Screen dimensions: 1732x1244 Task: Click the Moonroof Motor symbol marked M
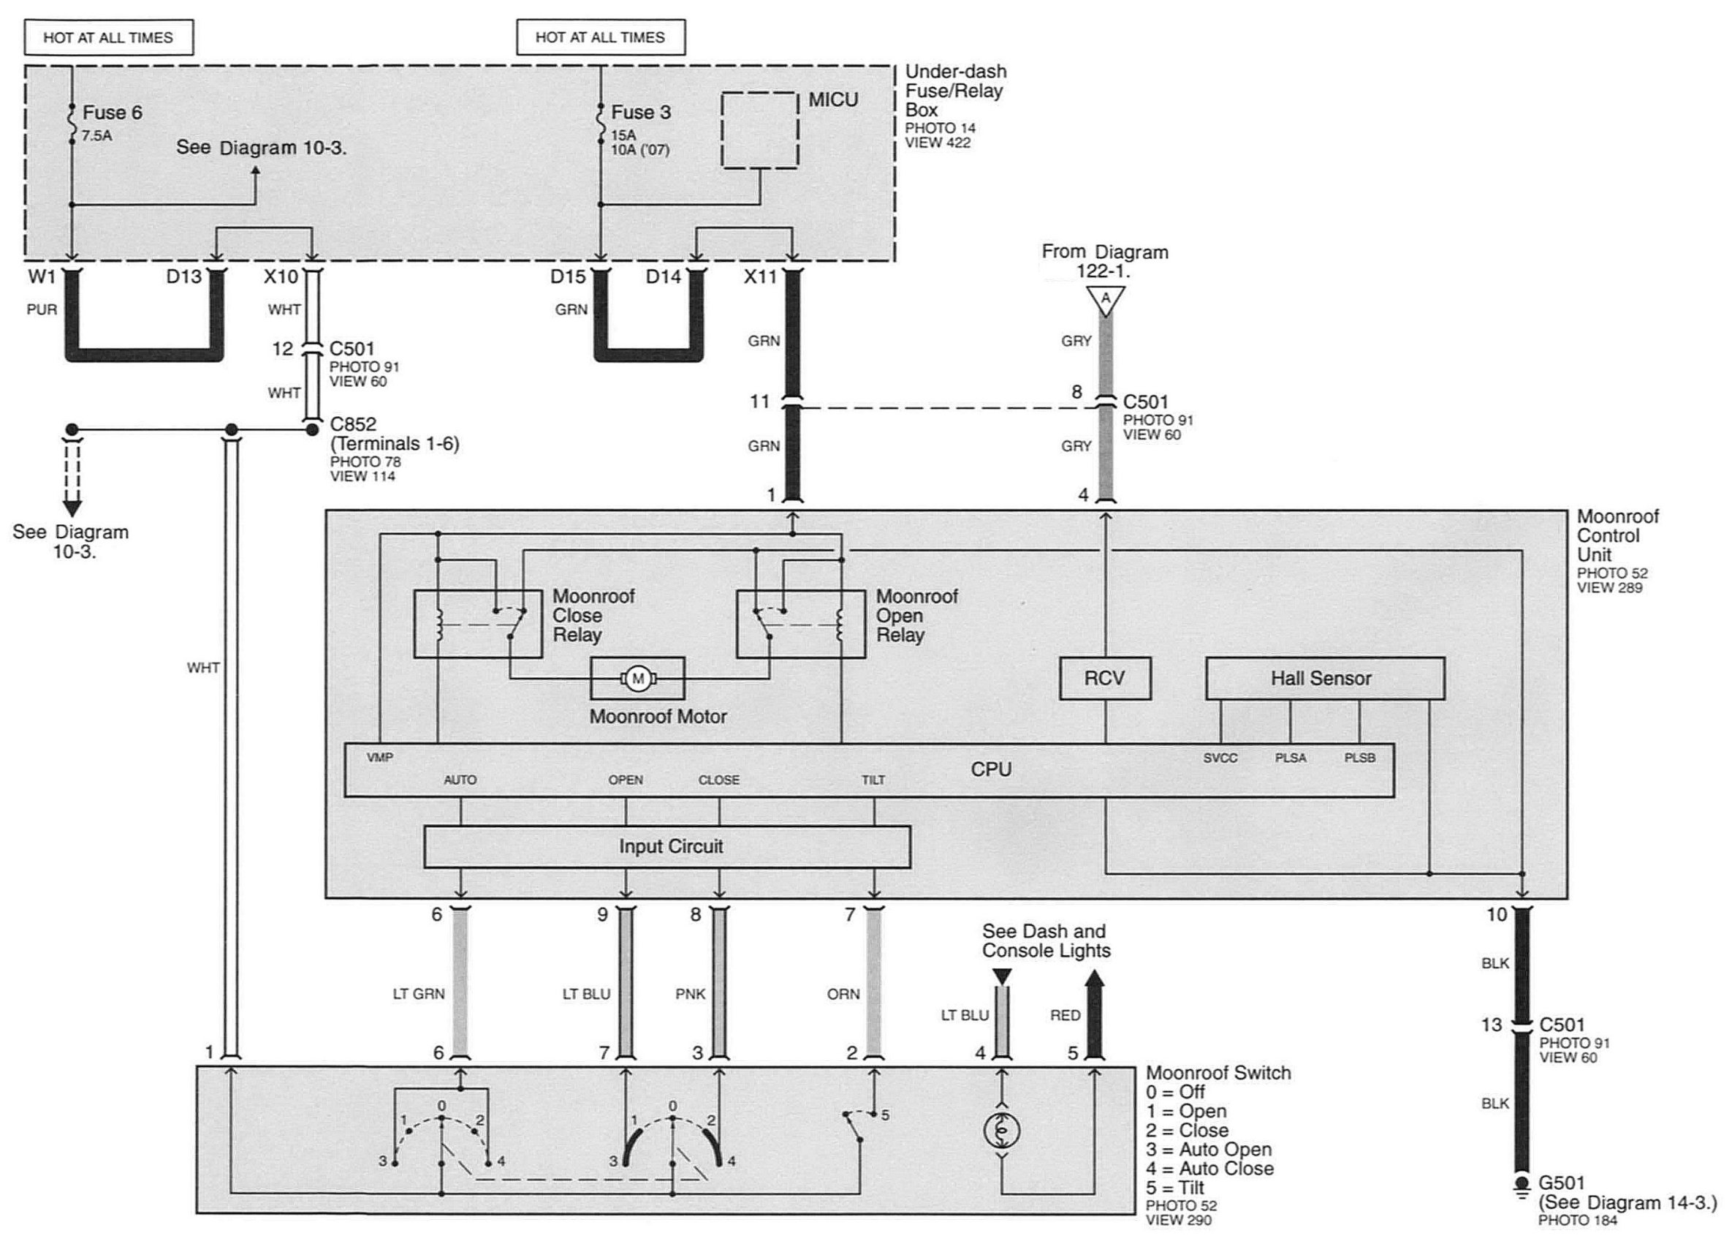[638, 678]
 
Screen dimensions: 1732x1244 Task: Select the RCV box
[1104, 678]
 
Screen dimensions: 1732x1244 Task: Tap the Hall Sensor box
[1325, 678]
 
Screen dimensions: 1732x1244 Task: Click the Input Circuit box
[666, 847]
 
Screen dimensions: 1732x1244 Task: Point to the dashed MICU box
[760, 130]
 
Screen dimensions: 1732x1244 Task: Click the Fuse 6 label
[113, 113]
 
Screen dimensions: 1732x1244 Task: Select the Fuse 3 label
[641, 113]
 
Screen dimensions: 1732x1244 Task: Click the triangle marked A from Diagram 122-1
[1105, 301]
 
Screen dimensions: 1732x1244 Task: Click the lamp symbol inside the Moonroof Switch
[1002, 1130]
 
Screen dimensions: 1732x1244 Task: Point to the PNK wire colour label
[691, 994]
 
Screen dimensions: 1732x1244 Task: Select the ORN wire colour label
[843, 994]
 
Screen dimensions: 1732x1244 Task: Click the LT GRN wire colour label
[419, 994]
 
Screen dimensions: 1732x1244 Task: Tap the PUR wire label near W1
[42, 309]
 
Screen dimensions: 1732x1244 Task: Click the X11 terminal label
[760, 276]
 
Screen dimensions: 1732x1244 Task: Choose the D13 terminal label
[184, 276]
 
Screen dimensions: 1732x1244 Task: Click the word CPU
[990, 769]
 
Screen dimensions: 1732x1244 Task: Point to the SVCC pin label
[1220, 758]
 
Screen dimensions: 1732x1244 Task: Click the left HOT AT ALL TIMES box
[108, 37]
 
